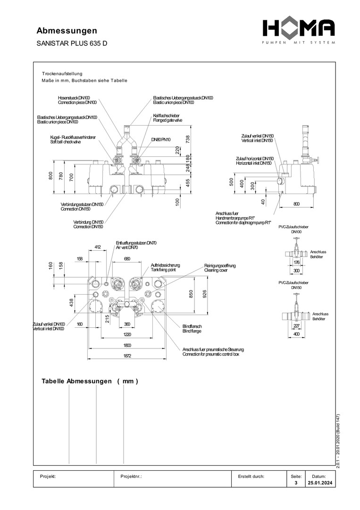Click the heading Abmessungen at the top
[x=67, y=31]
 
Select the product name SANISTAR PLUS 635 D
[x=72, y=43]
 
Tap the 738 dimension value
[x=187, y=139]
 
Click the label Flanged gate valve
[x=167, y=120]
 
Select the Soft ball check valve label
[x=66, y=142]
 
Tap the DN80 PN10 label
[x=161, y=140]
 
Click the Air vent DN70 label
[x=127, y=247]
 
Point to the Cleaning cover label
[x=216, y=271]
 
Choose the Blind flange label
[x=192, y=331]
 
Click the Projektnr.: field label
[x=131, y=476]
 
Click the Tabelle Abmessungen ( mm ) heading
[x=90, y=381]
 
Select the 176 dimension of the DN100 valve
[x=297, y=262]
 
